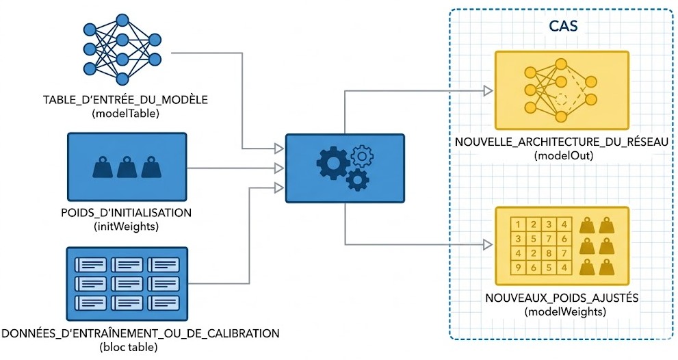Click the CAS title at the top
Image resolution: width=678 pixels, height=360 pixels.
[x=563, y=25]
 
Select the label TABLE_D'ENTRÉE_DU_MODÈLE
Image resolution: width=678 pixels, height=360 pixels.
[x=125, y=100]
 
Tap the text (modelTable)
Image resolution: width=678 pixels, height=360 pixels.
[x=125, y=114]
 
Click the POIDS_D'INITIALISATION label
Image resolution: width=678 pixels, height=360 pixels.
[x=127, y=213]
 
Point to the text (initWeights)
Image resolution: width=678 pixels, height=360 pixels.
[x=127, y=227]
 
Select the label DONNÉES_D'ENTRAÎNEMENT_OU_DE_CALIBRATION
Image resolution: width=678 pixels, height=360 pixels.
[x=140, y=333]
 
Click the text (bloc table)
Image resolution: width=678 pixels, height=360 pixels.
[x=129, y=347]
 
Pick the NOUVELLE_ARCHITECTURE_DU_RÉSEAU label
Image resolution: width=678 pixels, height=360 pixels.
[x=561, y=142]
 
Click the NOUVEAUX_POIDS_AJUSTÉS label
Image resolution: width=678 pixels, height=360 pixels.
[x=562, y=298]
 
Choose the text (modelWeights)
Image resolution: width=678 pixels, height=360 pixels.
[x=564, y=311]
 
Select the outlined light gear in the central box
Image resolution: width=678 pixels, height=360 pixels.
[x=363, y=157]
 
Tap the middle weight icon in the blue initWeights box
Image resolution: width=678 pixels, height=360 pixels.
[x=127, y=167]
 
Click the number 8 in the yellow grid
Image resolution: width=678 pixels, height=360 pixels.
[x=549, y=253]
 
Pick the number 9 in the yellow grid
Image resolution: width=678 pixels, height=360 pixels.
[x=518, y=268]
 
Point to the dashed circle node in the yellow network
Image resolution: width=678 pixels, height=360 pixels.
[x=561, y=99]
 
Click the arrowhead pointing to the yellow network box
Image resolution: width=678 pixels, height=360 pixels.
[x=488, y=91]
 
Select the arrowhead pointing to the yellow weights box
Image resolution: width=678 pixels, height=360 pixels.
[x=488, y=245]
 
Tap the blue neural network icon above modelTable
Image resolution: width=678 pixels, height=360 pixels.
[x=122, y=49]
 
